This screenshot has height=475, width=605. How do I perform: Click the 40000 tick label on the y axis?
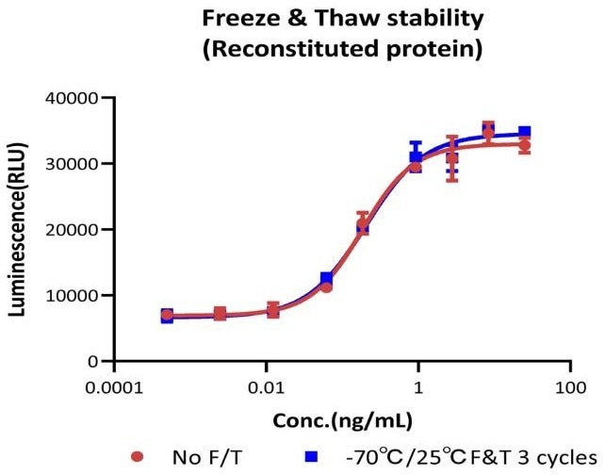(74, 98)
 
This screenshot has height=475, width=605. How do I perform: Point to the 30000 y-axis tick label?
(74, 164)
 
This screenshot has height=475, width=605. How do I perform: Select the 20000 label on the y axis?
(74, 230)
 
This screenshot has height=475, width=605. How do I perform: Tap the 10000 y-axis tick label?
(74, 296)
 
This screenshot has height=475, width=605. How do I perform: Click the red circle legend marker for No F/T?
(138, 457)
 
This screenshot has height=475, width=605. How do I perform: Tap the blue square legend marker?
(307, 457)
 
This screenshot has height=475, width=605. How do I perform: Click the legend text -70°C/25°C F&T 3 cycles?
(462, 457)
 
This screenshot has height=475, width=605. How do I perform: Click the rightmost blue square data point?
(524, 133)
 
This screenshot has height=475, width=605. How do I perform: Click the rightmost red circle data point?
(524, 145)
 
